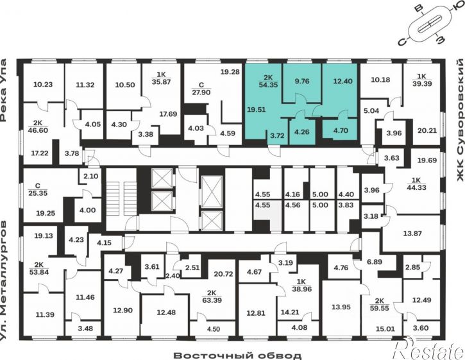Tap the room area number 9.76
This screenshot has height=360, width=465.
[301, 81]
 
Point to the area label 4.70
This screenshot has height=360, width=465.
[341, 130]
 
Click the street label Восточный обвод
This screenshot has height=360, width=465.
[237, 356]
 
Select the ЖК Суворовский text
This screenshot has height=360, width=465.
[460, 120]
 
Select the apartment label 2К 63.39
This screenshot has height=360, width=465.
[212, 296]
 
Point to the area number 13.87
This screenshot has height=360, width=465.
[412, 234]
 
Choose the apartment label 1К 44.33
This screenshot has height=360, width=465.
[417, 184]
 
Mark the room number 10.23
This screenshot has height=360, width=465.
[43, 84]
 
